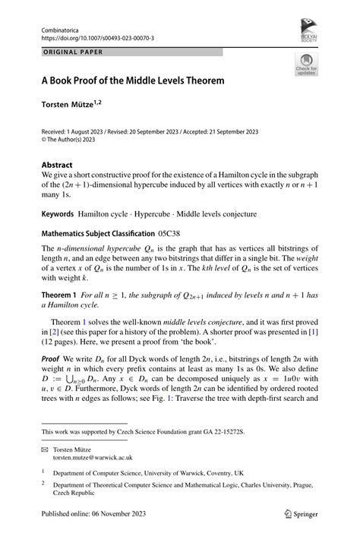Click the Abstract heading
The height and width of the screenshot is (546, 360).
click(x=57, y=165)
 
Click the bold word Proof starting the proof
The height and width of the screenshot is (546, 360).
click(x=52, y=358)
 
